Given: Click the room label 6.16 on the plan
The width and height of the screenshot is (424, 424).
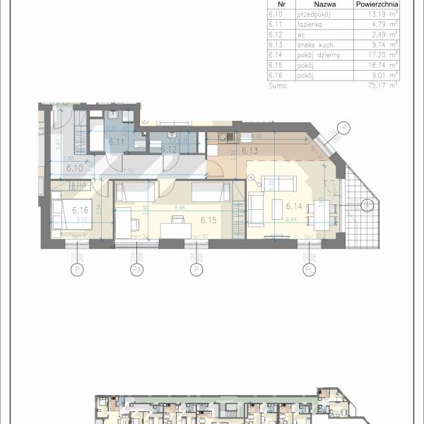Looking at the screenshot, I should (80, 210).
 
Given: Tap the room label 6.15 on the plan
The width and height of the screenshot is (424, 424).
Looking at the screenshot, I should (208, 220).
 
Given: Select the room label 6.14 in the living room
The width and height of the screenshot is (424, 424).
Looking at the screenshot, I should (294, 206).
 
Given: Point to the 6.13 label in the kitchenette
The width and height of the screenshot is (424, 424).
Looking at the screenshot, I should (249, 151).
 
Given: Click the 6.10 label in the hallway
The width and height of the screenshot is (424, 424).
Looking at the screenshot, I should (74, 168).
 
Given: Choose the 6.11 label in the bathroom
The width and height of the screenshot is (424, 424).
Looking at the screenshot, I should (116, 141).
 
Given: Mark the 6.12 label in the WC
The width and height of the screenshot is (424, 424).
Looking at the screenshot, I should (167, 149).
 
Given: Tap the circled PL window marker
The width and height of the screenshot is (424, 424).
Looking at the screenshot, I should (309, 270).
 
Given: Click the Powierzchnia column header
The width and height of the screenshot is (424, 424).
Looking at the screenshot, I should (375, 3).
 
